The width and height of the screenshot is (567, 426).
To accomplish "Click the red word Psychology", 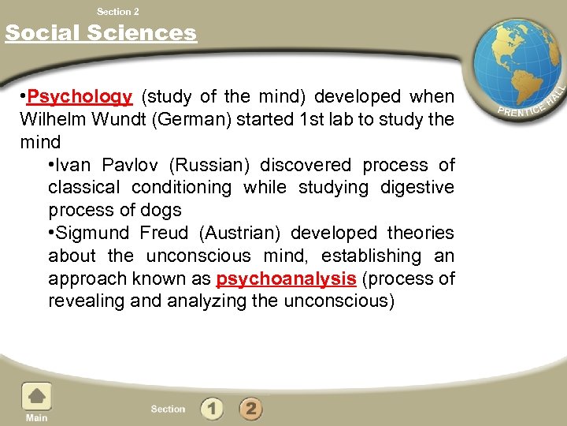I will tap(79, 97).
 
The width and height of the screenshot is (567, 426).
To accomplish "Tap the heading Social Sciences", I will tap(101, 33).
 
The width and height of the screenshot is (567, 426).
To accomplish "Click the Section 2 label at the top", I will tap(117, 11).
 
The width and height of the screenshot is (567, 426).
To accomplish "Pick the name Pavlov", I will tap(137, 166).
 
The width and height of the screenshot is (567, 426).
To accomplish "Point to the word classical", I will tap(85, 188).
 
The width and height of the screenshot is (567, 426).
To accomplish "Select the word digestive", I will tap(417, 188).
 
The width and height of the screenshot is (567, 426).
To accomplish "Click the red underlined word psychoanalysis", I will tap(286, 279).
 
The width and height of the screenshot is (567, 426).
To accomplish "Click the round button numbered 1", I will tap(212, 409).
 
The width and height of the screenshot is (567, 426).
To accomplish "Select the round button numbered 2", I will tap(250, 409).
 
